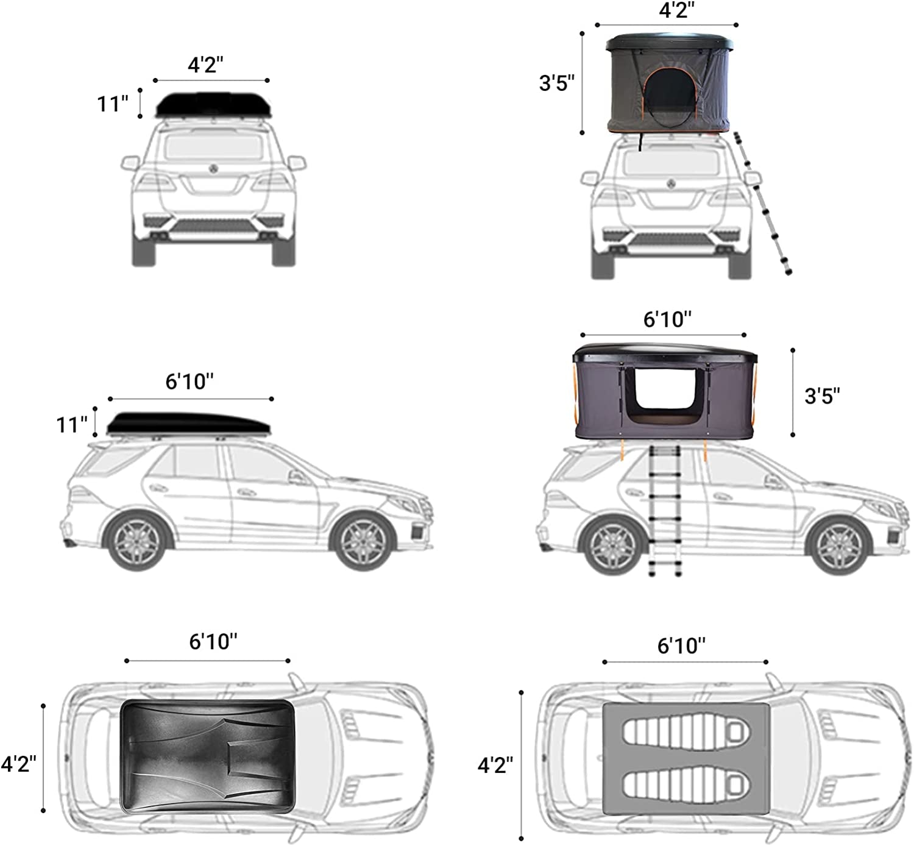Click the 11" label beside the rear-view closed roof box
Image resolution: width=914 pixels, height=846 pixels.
(x=113, y=104)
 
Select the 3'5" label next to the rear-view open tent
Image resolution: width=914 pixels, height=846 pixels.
(x=557, y=83)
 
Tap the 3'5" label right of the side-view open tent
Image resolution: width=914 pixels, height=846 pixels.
(x=822, y=396)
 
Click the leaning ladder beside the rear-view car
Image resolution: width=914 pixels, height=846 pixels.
(x=763, y=204)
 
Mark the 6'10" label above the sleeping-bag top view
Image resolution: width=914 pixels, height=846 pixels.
(x=681, y=645)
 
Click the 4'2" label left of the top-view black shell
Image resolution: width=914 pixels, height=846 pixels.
(x=19, y=762)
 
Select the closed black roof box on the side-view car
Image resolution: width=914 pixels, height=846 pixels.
(x=190, y=424)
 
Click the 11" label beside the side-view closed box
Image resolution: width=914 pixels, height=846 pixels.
(x=72, y=424)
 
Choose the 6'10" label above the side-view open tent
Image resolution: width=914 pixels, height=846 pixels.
(x=668, y=319)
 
